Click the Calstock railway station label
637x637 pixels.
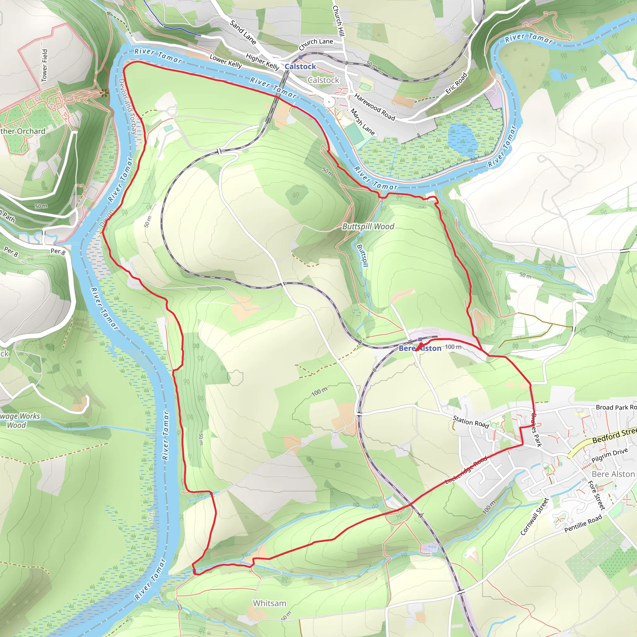300,67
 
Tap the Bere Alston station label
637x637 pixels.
420,348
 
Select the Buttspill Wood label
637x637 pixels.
368,226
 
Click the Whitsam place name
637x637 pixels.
269,603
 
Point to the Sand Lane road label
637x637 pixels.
243,32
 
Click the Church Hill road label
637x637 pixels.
339,21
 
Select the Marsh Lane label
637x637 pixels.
362,122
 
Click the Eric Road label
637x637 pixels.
456,83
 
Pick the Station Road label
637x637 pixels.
471,422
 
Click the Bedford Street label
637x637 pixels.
614,435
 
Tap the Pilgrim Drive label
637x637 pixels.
609,455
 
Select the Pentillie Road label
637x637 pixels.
583,523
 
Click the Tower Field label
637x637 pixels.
44,65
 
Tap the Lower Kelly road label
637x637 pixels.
226,61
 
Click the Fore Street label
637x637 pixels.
597,495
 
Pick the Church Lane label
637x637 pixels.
316,44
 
